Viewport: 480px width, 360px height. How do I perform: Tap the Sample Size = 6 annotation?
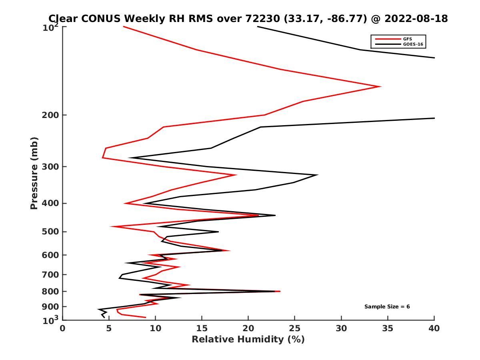click(x=387, y=306)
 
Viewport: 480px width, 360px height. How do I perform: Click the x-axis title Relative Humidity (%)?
click(x=248, y=340)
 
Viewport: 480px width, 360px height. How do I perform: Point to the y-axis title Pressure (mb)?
click(x=34, y=173)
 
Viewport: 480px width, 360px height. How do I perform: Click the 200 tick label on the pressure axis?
click(x=51, y=115)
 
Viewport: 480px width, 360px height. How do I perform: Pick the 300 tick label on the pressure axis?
click(x=51, y=166)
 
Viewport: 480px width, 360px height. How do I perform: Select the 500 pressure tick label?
click(x=51, y=232)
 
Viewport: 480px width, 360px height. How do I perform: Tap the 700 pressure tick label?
click(x=51, y=274)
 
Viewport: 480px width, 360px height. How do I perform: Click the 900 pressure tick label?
click(x=51, y=306)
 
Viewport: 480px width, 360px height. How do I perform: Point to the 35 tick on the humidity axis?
click(x=388, y=328)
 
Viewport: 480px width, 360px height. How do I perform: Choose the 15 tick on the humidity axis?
click(x=202, y=328)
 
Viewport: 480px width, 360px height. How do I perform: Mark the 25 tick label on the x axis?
click(x=295, y=328)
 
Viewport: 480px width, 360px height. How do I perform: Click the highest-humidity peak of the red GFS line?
click(x=380, y=86)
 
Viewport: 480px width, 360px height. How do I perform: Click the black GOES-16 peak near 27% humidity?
click(x=317, y=175)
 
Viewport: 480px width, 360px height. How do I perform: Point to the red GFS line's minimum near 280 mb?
click(x=103, y=158)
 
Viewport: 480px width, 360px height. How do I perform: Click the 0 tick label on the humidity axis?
click(x=63, y=328)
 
